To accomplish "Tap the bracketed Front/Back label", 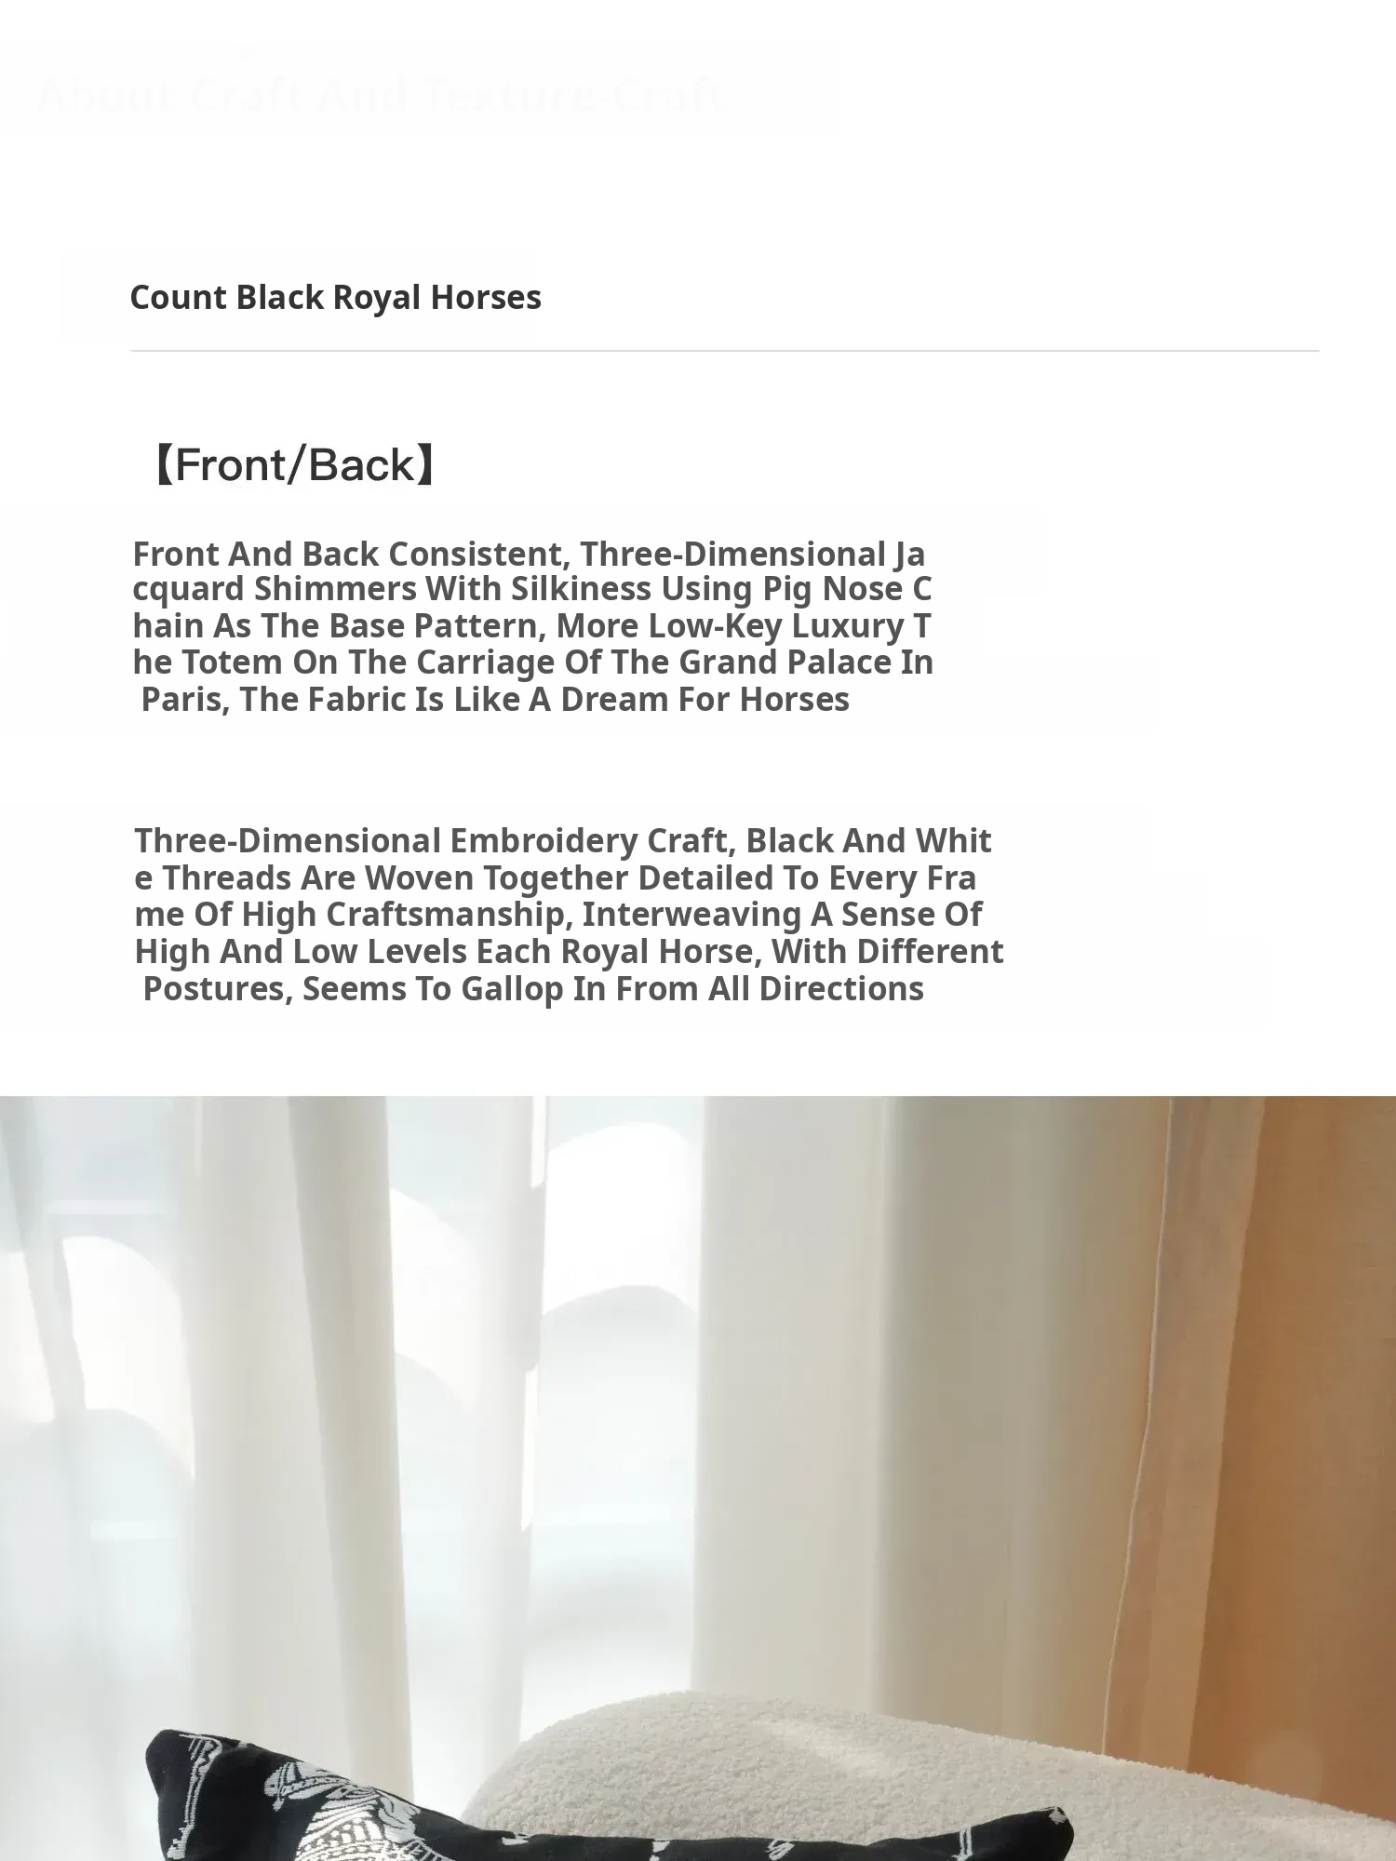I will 294,465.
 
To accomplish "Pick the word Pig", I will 786,590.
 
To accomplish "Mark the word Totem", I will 232,663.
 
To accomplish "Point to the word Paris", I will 185,700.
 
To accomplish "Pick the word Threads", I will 230,878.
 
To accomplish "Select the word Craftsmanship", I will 447,915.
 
